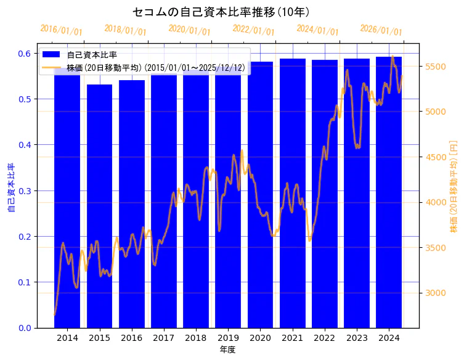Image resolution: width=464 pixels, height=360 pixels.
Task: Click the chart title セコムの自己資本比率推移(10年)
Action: tap(221, 12)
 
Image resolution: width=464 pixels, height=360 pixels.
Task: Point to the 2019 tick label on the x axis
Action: tap(228, 338)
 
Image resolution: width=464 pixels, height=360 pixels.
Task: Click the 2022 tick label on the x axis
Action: tap(324, 338)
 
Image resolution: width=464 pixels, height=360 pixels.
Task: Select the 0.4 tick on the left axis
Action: tap(24, 145)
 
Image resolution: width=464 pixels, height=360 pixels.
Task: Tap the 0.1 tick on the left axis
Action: tap(24, 282)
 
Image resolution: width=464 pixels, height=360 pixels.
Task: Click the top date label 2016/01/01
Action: tap(61, 30)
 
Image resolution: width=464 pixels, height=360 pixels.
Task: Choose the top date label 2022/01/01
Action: tap(253, 30)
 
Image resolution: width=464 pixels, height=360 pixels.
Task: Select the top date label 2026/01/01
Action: tap(381, 30)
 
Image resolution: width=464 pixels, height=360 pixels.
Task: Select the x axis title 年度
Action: tap(227, 350)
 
